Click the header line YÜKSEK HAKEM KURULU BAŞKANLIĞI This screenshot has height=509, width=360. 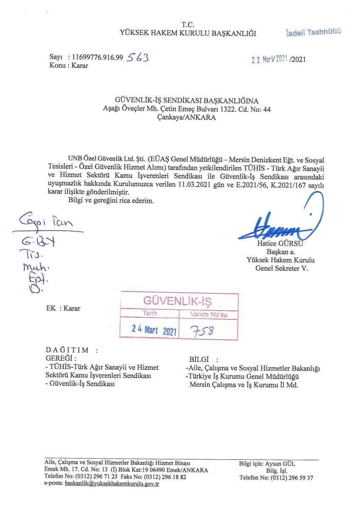188,34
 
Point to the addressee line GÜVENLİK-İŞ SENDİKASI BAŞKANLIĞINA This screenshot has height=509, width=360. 187,101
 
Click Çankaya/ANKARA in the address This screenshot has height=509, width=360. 187,118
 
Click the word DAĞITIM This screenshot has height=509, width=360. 67,350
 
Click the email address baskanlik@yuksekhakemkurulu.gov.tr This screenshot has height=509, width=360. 112,484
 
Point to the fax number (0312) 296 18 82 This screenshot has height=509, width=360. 165,477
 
